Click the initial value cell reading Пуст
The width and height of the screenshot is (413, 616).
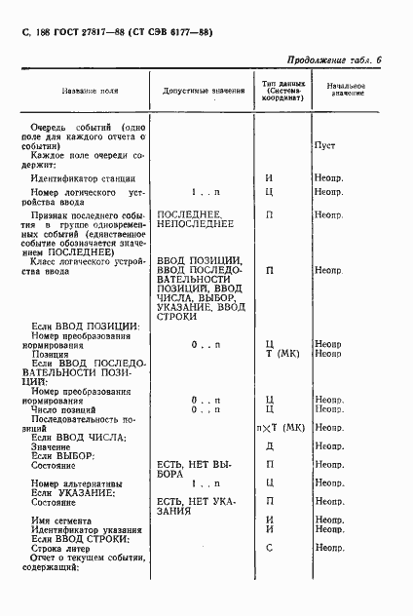pyautogui.click(x=324, y=145)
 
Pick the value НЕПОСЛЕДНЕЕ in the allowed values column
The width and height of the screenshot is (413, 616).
pyautogui.click(x=195, y=223)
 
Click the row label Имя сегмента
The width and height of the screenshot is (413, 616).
pyautogui.click(x=62, y=520)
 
